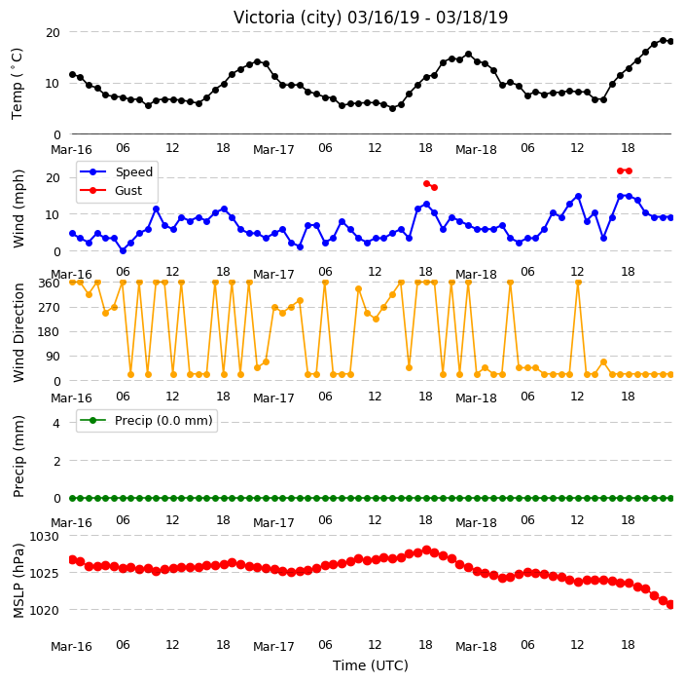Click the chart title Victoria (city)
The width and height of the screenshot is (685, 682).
click(288, 18)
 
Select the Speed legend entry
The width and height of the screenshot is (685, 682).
click(116, 171)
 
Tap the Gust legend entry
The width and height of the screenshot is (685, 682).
click(111, 191)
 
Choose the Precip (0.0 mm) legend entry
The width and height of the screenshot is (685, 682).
click(146, 420)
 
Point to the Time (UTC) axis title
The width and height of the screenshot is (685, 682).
click(371, 665)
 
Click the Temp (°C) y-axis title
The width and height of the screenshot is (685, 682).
click(17, 84)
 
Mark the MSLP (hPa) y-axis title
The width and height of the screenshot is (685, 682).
click(18, 581)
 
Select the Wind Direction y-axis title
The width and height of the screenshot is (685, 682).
click(18, 333)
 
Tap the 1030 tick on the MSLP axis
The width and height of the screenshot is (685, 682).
click(44, 536)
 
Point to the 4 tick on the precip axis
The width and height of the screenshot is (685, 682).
click(56, 423)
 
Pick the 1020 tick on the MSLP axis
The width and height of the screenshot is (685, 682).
click(44, 610)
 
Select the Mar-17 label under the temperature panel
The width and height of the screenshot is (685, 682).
click(273, 150)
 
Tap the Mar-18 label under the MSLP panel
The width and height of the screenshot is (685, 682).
click(476, 647)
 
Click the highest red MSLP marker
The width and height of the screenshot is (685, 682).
click(427, 549)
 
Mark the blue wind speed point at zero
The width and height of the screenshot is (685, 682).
click(123, 250)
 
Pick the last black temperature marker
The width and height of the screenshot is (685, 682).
click(671, 42)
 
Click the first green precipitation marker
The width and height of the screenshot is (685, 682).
click(73, 498)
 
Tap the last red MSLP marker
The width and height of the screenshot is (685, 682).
click(671, 605)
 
